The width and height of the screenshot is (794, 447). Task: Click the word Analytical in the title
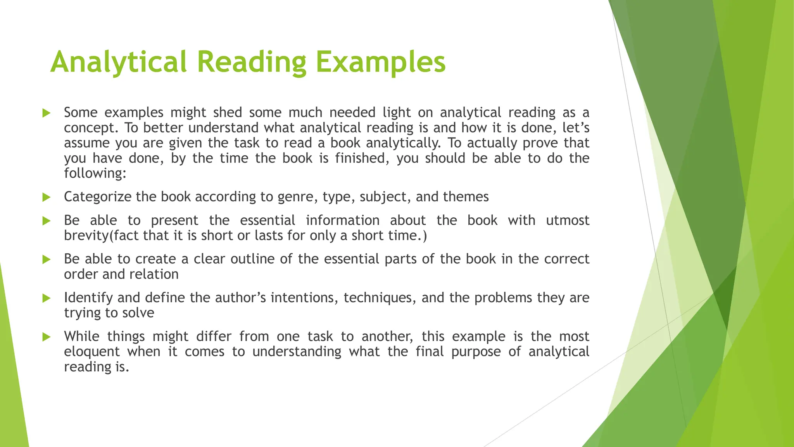(119, 62)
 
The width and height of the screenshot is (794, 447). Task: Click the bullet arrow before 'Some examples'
(47, 113)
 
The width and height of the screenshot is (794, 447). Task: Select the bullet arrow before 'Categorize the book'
(47, 198)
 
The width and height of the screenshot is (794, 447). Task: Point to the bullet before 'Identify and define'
(47, 298)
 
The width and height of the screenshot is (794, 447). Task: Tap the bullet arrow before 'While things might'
(47, 337)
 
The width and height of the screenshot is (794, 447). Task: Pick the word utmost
(568, 221)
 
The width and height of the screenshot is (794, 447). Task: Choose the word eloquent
(92, 352)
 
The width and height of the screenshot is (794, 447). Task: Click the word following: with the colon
(95, 173)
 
